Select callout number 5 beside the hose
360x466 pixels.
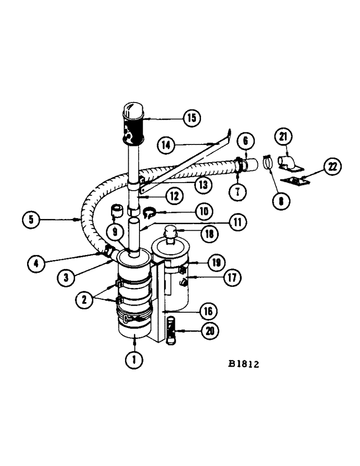coord(31,219)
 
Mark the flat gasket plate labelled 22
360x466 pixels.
coord(294,180)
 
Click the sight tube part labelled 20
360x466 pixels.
coord(171,329)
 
